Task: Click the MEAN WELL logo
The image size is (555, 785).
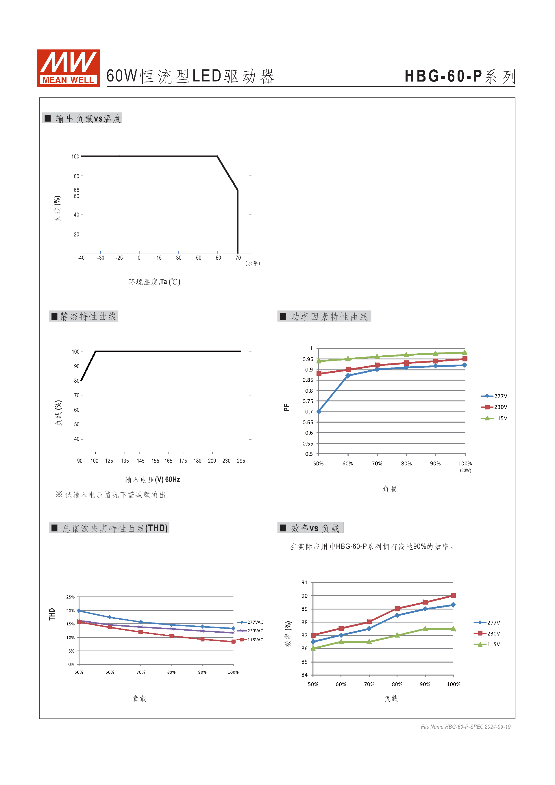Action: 68,68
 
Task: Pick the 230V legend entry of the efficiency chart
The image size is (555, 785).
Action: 487,633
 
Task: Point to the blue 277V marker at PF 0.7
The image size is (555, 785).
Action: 319,412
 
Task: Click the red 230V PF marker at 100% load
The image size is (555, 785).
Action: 465,359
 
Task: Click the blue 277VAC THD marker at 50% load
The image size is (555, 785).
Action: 79,611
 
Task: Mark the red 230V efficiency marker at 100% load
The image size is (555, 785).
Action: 453,596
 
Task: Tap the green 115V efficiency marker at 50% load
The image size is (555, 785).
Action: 313,648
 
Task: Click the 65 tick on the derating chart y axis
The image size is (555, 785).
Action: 77,190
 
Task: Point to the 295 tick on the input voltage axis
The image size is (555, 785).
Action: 241,461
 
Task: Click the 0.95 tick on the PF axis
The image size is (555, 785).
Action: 308,359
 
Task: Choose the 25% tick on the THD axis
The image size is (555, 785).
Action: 71,597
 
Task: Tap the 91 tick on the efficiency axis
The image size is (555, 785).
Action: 304,583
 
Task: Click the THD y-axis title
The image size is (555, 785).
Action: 52,614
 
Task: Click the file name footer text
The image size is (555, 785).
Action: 465,727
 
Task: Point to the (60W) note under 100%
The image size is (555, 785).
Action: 465,470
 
